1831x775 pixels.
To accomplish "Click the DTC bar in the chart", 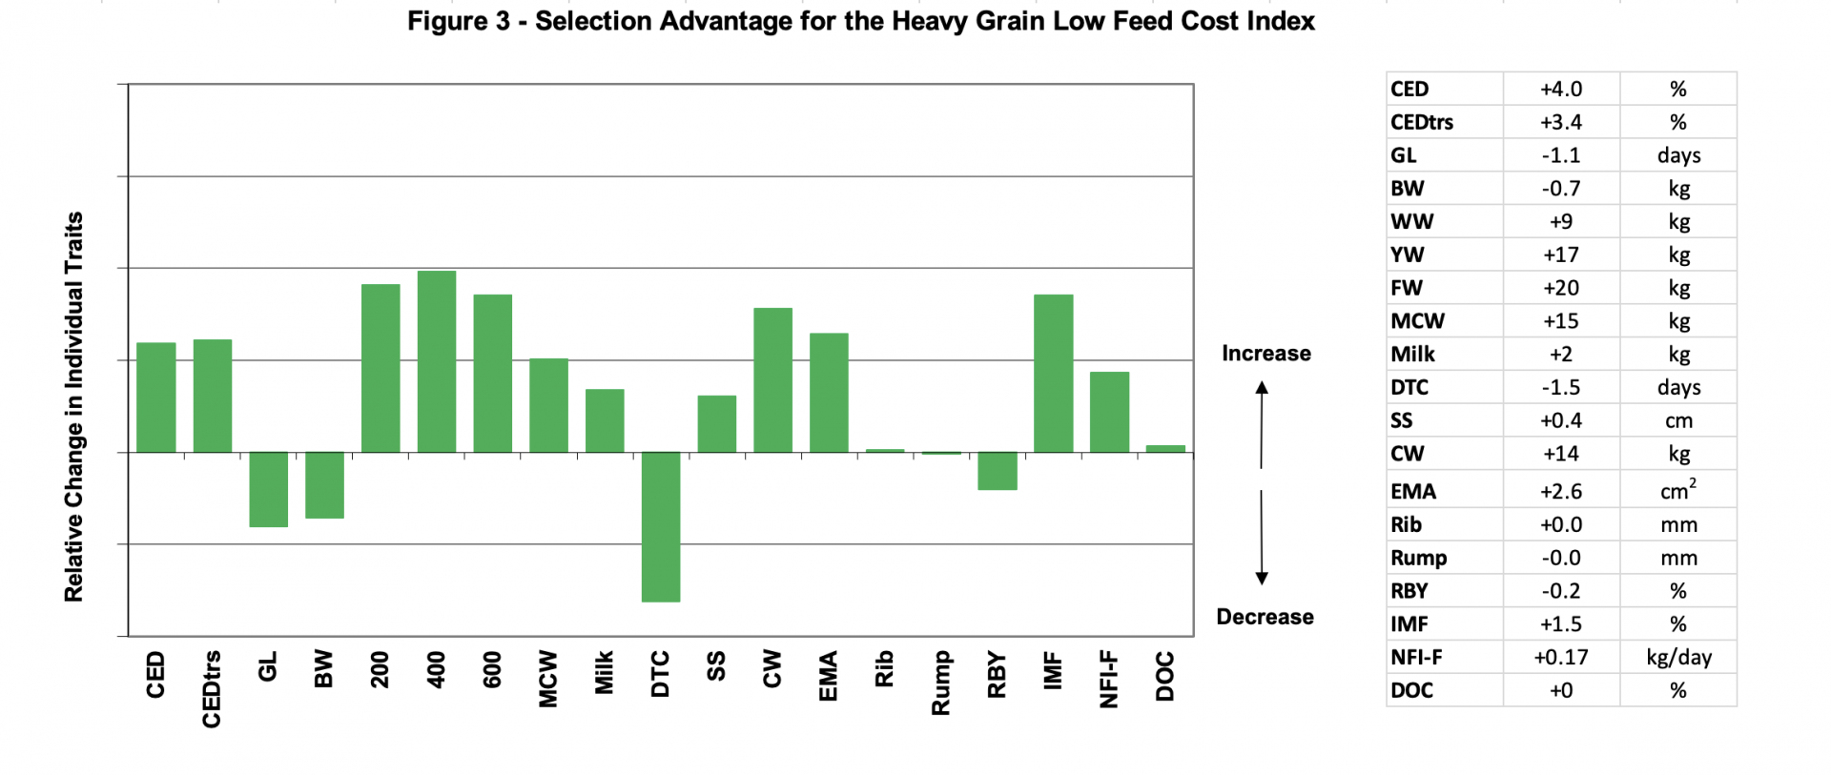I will [x=660, y=526].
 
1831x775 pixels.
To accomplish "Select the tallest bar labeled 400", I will [x=437, y=361].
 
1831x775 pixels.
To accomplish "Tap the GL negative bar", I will [x=268, y=489].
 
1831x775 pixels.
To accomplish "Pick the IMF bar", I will [x=1053, y=373].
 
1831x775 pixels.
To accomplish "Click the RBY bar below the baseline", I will [x=998, y=471].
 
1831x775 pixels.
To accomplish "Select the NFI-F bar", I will [x=1109, y=412].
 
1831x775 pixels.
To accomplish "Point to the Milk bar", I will [x=605, y=420].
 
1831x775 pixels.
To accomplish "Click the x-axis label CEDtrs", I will [x=212, y=688].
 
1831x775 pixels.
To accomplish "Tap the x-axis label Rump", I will [x=940, y=682].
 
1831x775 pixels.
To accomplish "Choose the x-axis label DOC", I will [x=1164, y=676].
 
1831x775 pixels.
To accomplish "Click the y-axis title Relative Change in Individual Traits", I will [x=73, y=407].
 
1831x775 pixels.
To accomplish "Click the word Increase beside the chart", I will [x=1265, y=354].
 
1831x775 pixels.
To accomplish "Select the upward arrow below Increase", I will [x=1262, y=424].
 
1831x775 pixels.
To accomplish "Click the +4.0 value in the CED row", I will [x=1560, y=89].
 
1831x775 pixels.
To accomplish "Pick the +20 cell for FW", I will [x=1560, y=288].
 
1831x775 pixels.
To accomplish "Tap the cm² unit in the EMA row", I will [x=1677, y=491].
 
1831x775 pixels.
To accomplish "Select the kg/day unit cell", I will [x=1677, y=657].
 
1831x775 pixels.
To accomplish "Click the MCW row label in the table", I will [x=1417, y=321].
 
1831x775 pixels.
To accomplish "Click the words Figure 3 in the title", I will [x=459, y=21].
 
